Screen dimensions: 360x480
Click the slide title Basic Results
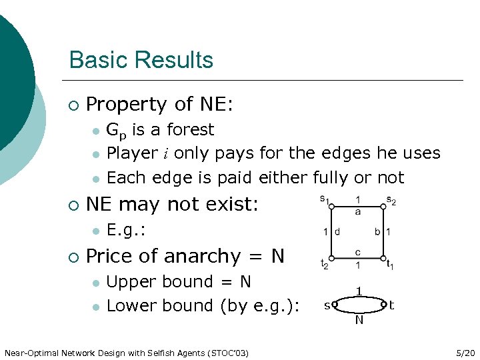(141, 59)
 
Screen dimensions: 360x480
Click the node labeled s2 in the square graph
(383, 207)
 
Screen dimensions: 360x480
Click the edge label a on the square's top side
(358, 211)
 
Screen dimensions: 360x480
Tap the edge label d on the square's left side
(337, 232)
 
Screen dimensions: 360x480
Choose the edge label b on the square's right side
(377, 232)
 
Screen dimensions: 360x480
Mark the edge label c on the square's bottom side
(358, 253)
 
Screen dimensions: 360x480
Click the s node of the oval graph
(335, 305)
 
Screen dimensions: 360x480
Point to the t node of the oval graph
(384, 305)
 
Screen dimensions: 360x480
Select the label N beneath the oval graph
(359, 321)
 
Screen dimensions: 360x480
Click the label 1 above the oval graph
(359, 291)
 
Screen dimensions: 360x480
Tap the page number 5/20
(462, 352)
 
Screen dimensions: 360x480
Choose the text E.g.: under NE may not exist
(126, 231)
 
